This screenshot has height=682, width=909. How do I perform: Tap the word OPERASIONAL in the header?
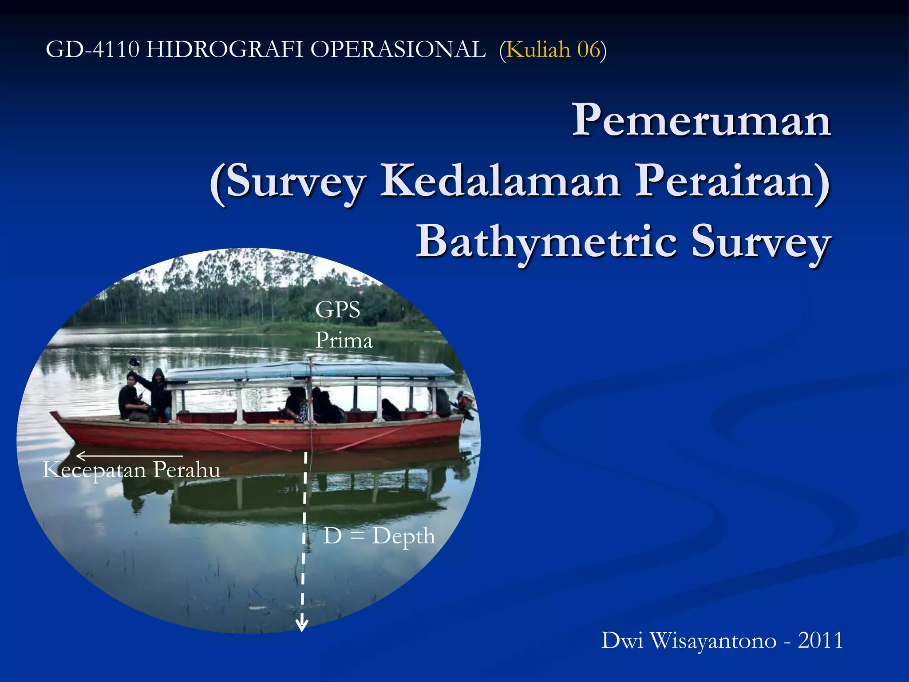tap(398, 49)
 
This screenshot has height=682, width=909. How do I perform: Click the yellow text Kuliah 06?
tap(553, 49)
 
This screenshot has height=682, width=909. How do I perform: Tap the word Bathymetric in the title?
tap(546, 242)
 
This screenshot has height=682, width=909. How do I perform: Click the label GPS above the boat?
tap(337, 309)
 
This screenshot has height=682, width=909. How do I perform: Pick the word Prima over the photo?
tap(344, 341)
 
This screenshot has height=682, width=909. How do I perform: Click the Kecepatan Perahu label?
tap(131, 470)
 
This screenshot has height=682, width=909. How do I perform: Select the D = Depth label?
tap(379, 535)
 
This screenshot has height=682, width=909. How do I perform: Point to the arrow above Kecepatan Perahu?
tap(129, 456)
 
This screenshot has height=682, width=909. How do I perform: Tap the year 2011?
tap(820, 641)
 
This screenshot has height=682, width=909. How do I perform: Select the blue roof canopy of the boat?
tap(311, 370)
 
